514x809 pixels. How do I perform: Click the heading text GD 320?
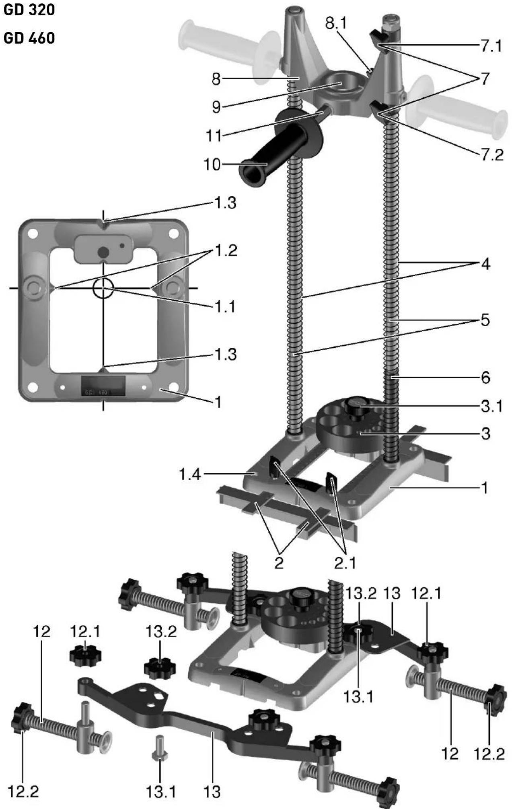tap(29, 10)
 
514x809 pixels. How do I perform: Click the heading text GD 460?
tap(29, 38)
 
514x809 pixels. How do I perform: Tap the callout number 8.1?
tap(336, 24)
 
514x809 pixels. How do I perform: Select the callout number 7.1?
tap(491, 46)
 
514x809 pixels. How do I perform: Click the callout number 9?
tap(216, 107)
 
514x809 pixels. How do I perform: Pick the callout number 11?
tap(214, 136)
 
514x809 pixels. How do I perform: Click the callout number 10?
tap(212, 164)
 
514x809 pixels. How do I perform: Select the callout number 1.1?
tap(224, 307)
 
